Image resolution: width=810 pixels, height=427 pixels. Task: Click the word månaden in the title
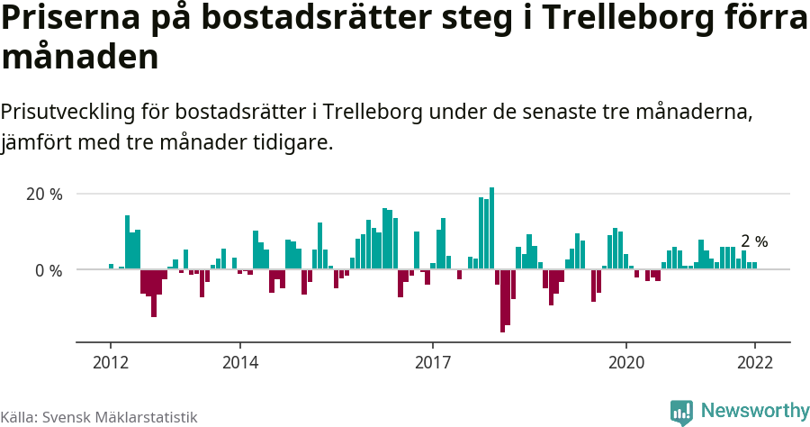click(x=80, y=58)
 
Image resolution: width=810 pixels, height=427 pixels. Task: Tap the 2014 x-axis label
click(x=239, y=362)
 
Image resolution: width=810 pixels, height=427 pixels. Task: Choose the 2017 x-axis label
click(x=433, y=362)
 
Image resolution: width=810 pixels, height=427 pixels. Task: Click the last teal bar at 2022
click(x=754, y=266)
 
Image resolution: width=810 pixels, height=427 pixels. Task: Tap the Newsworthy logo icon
click(x=681, y=412)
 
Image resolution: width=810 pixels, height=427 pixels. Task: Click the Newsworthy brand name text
click(x=755, y=411)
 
